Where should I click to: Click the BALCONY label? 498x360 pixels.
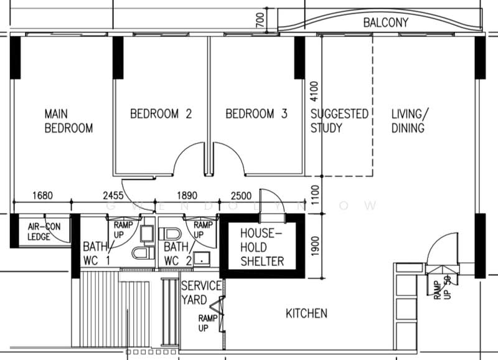pyautogui.click(x=385, y=22)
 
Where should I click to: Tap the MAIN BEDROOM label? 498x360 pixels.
pyautogui.click(x=68, y=121)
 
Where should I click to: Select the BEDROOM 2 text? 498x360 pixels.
pyautogui.click(x=161, y=114)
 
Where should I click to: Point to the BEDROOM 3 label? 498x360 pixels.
pyautogui.click(x=256, y=114)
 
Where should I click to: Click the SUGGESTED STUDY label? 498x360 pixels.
pyautogui.click(x=339, y=121)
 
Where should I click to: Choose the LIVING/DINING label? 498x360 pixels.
pyautogui.click(x=410, y=121)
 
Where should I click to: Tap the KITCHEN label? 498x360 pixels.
pyautogui.click(x=306, y=314)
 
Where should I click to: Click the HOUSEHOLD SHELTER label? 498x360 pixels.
pyautogui.click(x=262, y=247)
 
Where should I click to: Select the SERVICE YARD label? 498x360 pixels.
pyautogui.click(x=201, y=293)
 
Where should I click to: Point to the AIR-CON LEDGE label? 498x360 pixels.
pyautogui.click(x=44, y=232)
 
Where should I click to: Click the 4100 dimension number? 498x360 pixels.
pyautogui.click(x=314, y=92)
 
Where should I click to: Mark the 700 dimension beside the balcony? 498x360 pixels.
pyautogui.click(x=260, y=20)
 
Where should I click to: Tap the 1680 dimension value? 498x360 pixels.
pyautogui.click(x=42, y=196)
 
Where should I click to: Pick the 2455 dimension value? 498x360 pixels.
pyautogui.click(x=113, y=196)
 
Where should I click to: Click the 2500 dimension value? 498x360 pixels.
pyautogui.click(x=241, y=196)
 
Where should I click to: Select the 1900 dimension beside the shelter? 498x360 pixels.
pyautogui.click(x=315, y=246)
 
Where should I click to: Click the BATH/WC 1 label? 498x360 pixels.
pyautogui.click(x=97, y=253)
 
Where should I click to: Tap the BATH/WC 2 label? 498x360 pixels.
pyautogui.click(x=178, y=253)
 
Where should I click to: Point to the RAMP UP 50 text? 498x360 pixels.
pyautogui.click(x=443, y=288)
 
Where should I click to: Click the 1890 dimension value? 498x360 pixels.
pyautogui.click(x=187, y=196)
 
